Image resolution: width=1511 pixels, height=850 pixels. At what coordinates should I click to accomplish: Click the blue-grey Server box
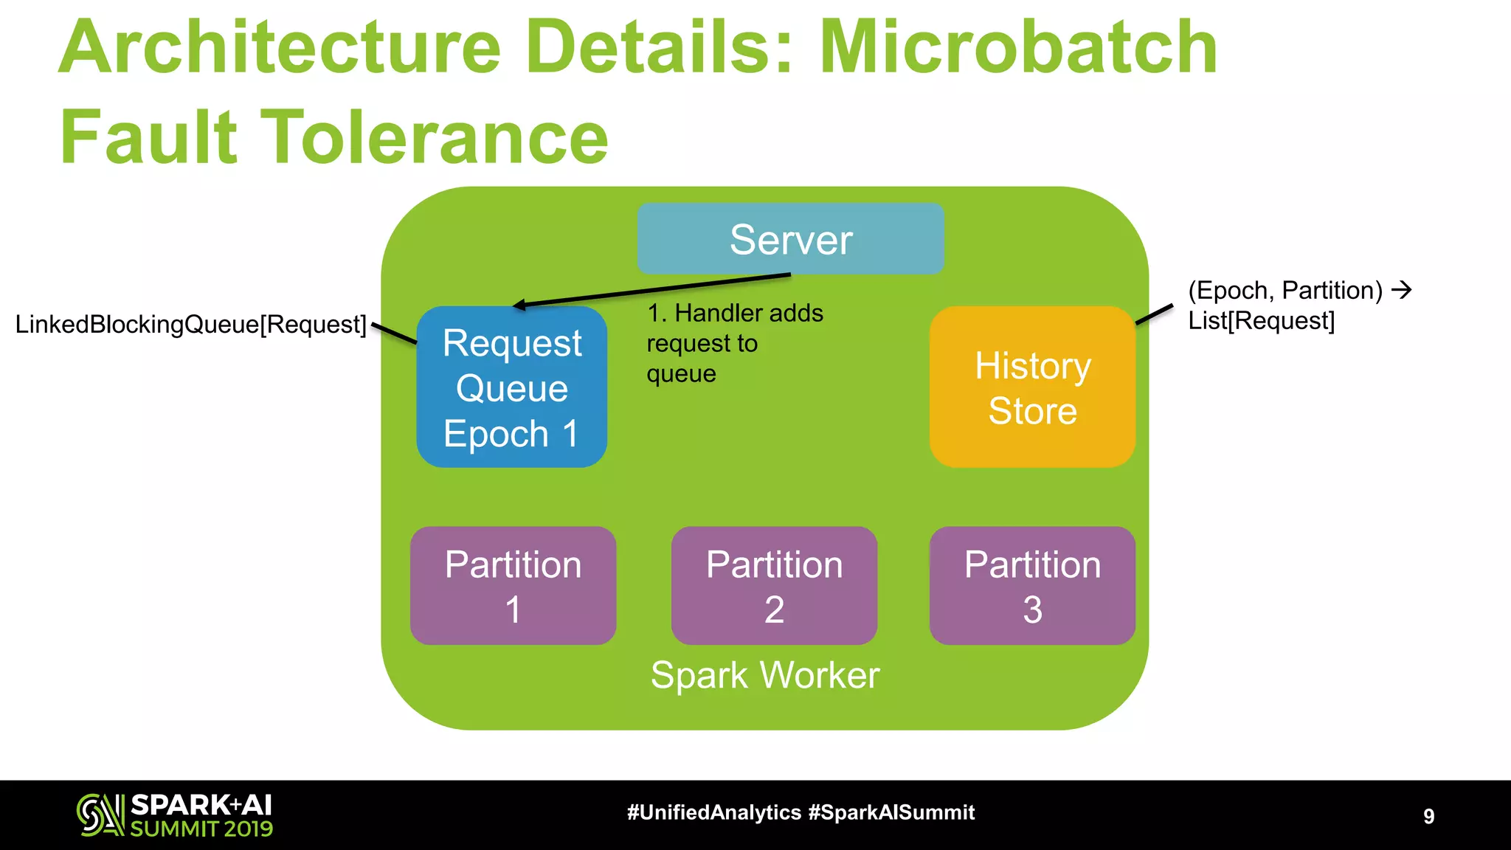click(x=790, y=239)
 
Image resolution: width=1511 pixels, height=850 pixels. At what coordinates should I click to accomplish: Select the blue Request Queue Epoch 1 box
click(x=511, y=387)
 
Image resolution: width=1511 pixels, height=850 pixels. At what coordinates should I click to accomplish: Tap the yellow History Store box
click(x=1031, y=387)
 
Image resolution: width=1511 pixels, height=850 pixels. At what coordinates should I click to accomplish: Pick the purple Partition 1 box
click(x=513, y=586)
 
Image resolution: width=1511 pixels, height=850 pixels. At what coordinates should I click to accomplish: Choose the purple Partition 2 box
click(x=774, y=586)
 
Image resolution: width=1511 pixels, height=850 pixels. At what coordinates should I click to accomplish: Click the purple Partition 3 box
click(x=1031, y=586)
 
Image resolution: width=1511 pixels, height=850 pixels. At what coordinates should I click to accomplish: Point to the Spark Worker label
click(x=765, y=675)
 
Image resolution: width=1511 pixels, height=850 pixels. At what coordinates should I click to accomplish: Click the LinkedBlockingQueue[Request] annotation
click(x=190, y=325)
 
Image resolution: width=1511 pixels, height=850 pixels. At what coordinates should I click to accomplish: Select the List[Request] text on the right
click(x=1261, y=321)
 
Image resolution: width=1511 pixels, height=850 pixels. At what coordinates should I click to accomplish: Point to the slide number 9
click(x=1428, y=816)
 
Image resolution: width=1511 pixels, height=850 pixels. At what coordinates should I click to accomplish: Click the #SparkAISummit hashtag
click(x=891, y=813)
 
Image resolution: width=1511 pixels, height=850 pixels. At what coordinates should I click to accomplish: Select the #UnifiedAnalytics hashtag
click(x=713, y=813)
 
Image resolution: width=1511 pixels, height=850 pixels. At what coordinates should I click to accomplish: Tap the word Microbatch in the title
click(x=1017, y=48)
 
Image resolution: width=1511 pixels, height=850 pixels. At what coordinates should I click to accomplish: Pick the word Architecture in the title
click(x=280, y=48)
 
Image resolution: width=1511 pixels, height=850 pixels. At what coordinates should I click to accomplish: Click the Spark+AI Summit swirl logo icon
click(x=100, y=815)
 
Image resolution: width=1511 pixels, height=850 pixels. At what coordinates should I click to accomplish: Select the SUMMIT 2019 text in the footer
click(x=201, y=829)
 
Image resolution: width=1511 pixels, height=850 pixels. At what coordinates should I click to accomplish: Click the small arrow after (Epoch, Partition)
click(x=1401, y=290)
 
